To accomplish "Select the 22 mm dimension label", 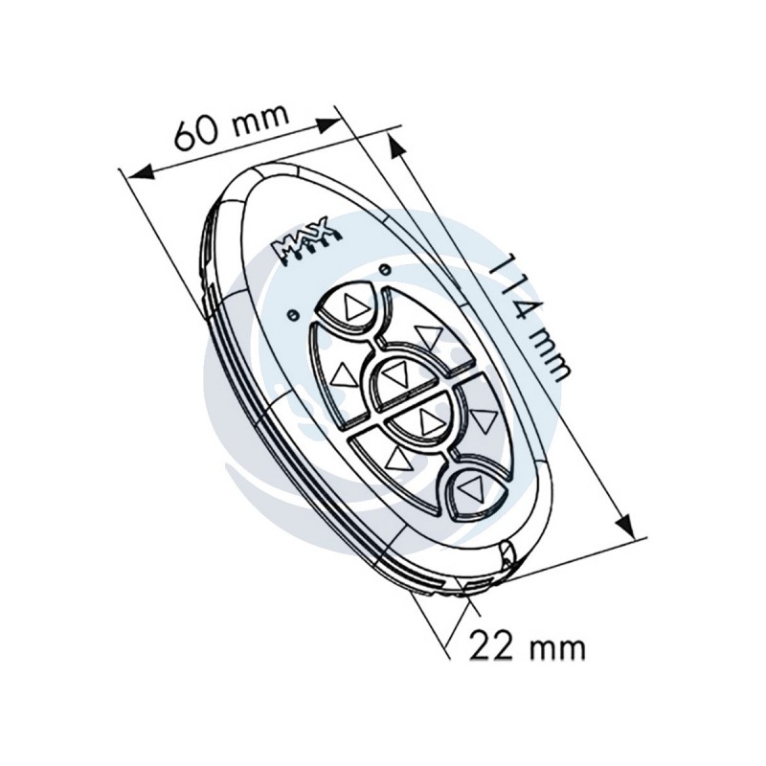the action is click(526, 648).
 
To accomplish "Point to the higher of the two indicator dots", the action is click(385, 268).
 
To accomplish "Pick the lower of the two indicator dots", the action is click(292, 315).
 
